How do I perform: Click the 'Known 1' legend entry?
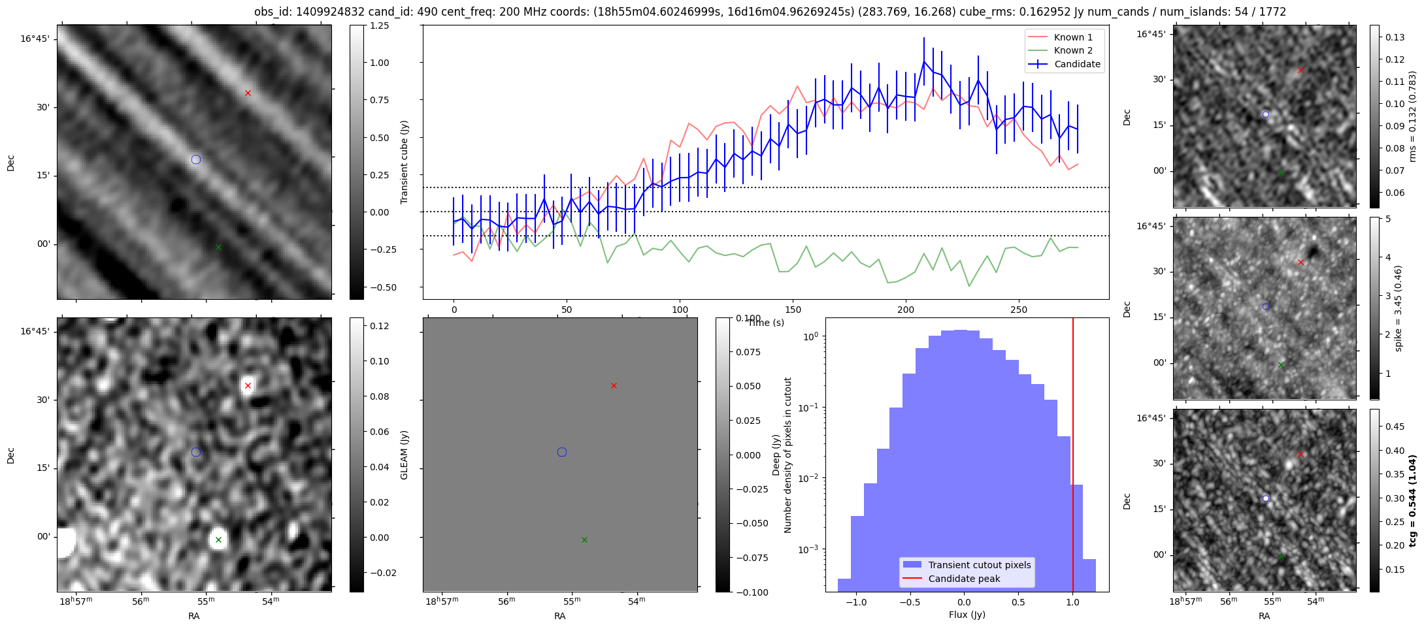coord(1072,37)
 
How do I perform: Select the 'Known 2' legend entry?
coord(1072,50)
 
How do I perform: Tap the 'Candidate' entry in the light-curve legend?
coord(1077,64)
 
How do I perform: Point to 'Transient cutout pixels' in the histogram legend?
coord(979,565)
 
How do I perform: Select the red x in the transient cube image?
coord(248,93)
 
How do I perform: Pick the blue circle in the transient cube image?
coord(196,159)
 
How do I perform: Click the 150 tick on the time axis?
coord(793,310)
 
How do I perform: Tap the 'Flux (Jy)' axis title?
coord(967,615)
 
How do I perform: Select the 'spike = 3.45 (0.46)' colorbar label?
coord(1399,308)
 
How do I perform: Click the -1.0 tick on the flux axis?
coord(855,602)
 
